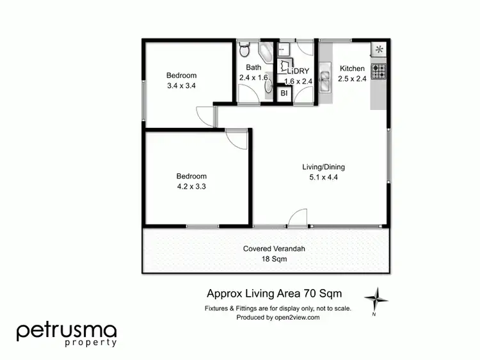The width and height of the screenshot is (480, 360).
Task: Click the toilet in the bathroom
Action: pyautogui.click(x=244, y=49)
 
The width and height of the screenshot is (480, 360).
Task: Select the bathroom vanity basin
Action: pyautogui.click(x=268, y=88)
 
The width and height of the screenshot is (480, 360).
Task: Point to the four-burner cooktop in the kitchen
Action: pyautogui.click(x=379, y=70)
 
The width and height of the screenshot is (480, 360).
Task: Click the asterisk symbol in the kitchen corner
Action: pyautogui.click(x=379, y=49)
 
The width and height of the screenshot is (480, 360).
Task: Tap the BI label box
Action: pyautogui.click(x=284, y=93)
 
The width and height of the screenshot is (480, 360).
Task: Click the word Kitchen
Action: pyautogui.click(x=352, y=69)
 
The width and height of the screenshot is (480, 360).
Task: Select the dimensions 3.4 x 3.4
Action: pyautogui.click(x=182, y=85)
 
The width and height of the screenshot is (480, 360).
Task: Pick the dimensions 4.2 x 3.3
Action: pyautogui.click(x=191, y=187)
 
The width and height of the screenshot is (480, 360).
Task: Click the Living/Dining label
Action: pyautogui.click(x=323, y=168)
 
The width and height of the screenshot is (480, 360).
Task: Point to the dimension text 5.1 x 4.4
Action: pyautogui.click(x=323, y=178)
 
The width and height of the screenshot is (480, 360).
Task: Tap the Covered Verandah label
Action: pyautogui.click(x=269, y=249)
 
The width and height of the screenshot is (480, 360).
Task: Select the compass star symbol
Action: pyautogui.click(x=376, y=297)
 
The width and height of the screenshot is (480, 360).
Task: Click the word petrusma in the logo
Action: pyautogui.click(x=67, y=331)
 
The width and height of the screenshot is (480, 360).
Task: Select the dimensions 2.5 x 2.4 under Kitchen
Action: pyautogui.click(x=352, y=80)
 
